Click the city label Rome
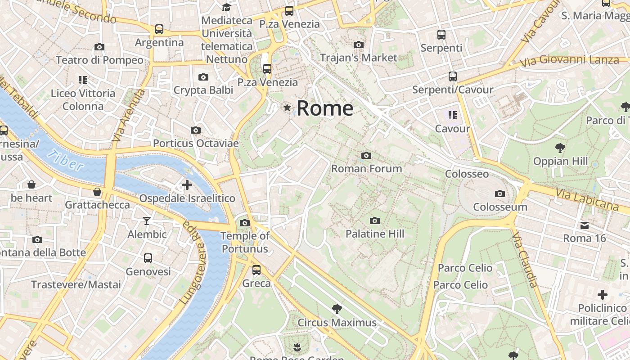point(325,108)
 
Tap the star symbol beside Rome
point(287,108)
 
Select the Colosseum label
point(500,207)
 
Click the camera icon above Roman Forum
point(366,156)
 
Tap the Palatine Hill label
point(374,234)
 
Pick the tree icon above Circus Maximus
point(337,309)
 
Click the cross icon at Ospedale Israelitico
point(187,184)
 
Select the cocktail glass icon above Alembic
point(147,221)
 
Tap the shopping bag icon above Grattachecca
point(97,192)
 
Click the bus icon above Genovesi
point(148,258)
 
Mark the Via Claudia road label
point(525,260)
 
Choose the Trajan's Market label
point(358,58)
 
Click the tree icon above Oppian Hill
point(560,148)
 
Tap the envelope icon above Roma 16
point(584,225)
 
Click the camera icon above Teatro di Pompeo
point(99,47)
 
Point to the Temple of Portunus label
point(245,242)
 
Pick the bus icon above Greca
point(256,270)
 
